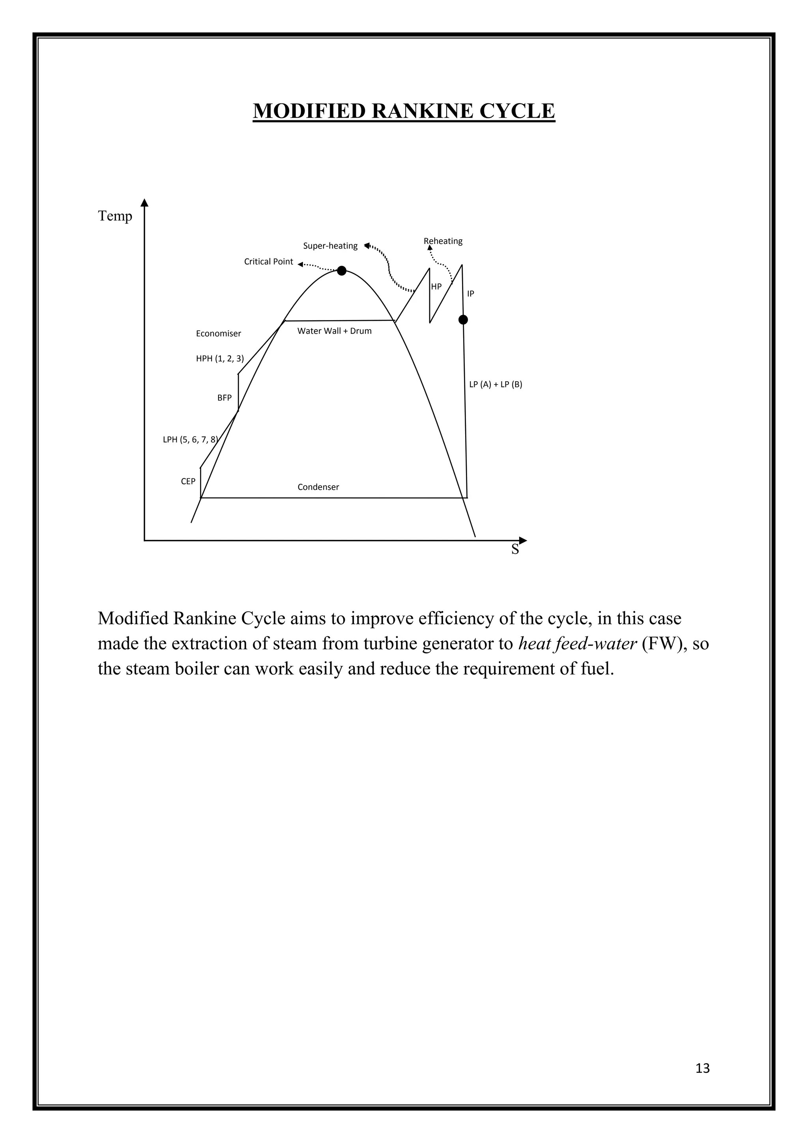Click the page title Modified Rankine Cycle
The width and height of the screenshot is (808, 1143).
pyautogui.click(x=404, y=111)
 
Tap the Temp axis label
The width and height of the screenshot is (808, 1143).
pyautogui.click(x=115, y=216)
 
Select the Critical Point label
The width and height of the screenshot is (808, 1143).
pyautogui.click(x=268, y=262)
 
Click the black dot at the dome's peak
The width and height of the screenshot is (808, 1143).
pyautogui.click(x=341, y=271)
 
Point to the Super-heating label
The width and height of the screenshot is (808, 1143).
pyautogui.click(x=330, y=246)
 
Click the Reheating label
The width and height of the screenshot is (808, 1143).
pyautogui.click(x=443, y=241)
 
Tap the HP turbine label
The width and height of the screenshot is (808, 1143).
pyautogui.click(x=436, y=287)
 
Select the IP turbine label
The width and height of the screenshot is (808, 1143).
pyautogui.click(x=470, y=294)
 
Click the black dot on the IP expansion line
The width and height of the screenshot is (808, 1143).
pyautogui.click(x=463, y=320)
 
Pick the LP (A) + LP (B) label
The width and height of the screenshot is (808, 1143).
pyautogui.click(x=496, y=384)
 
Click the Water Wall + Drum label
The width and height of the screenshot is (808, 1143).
pyautogui.click(x=334, y=331)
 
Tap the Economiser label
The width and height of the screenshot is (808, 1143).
pyautogui.click(x=219, y=334)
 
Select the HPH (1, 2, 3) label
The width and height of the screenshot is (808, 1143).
pyautogui.click(x=220, y=358)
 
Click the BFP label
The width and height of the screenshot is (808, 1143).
pyautogui.click(x=224, y=398)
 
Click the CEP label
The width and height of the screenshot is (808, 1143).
pyautogui.click(x=188, y=482)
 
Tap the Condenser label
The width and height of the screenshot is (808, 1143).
pyautogui.click(x=318, y=487)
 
